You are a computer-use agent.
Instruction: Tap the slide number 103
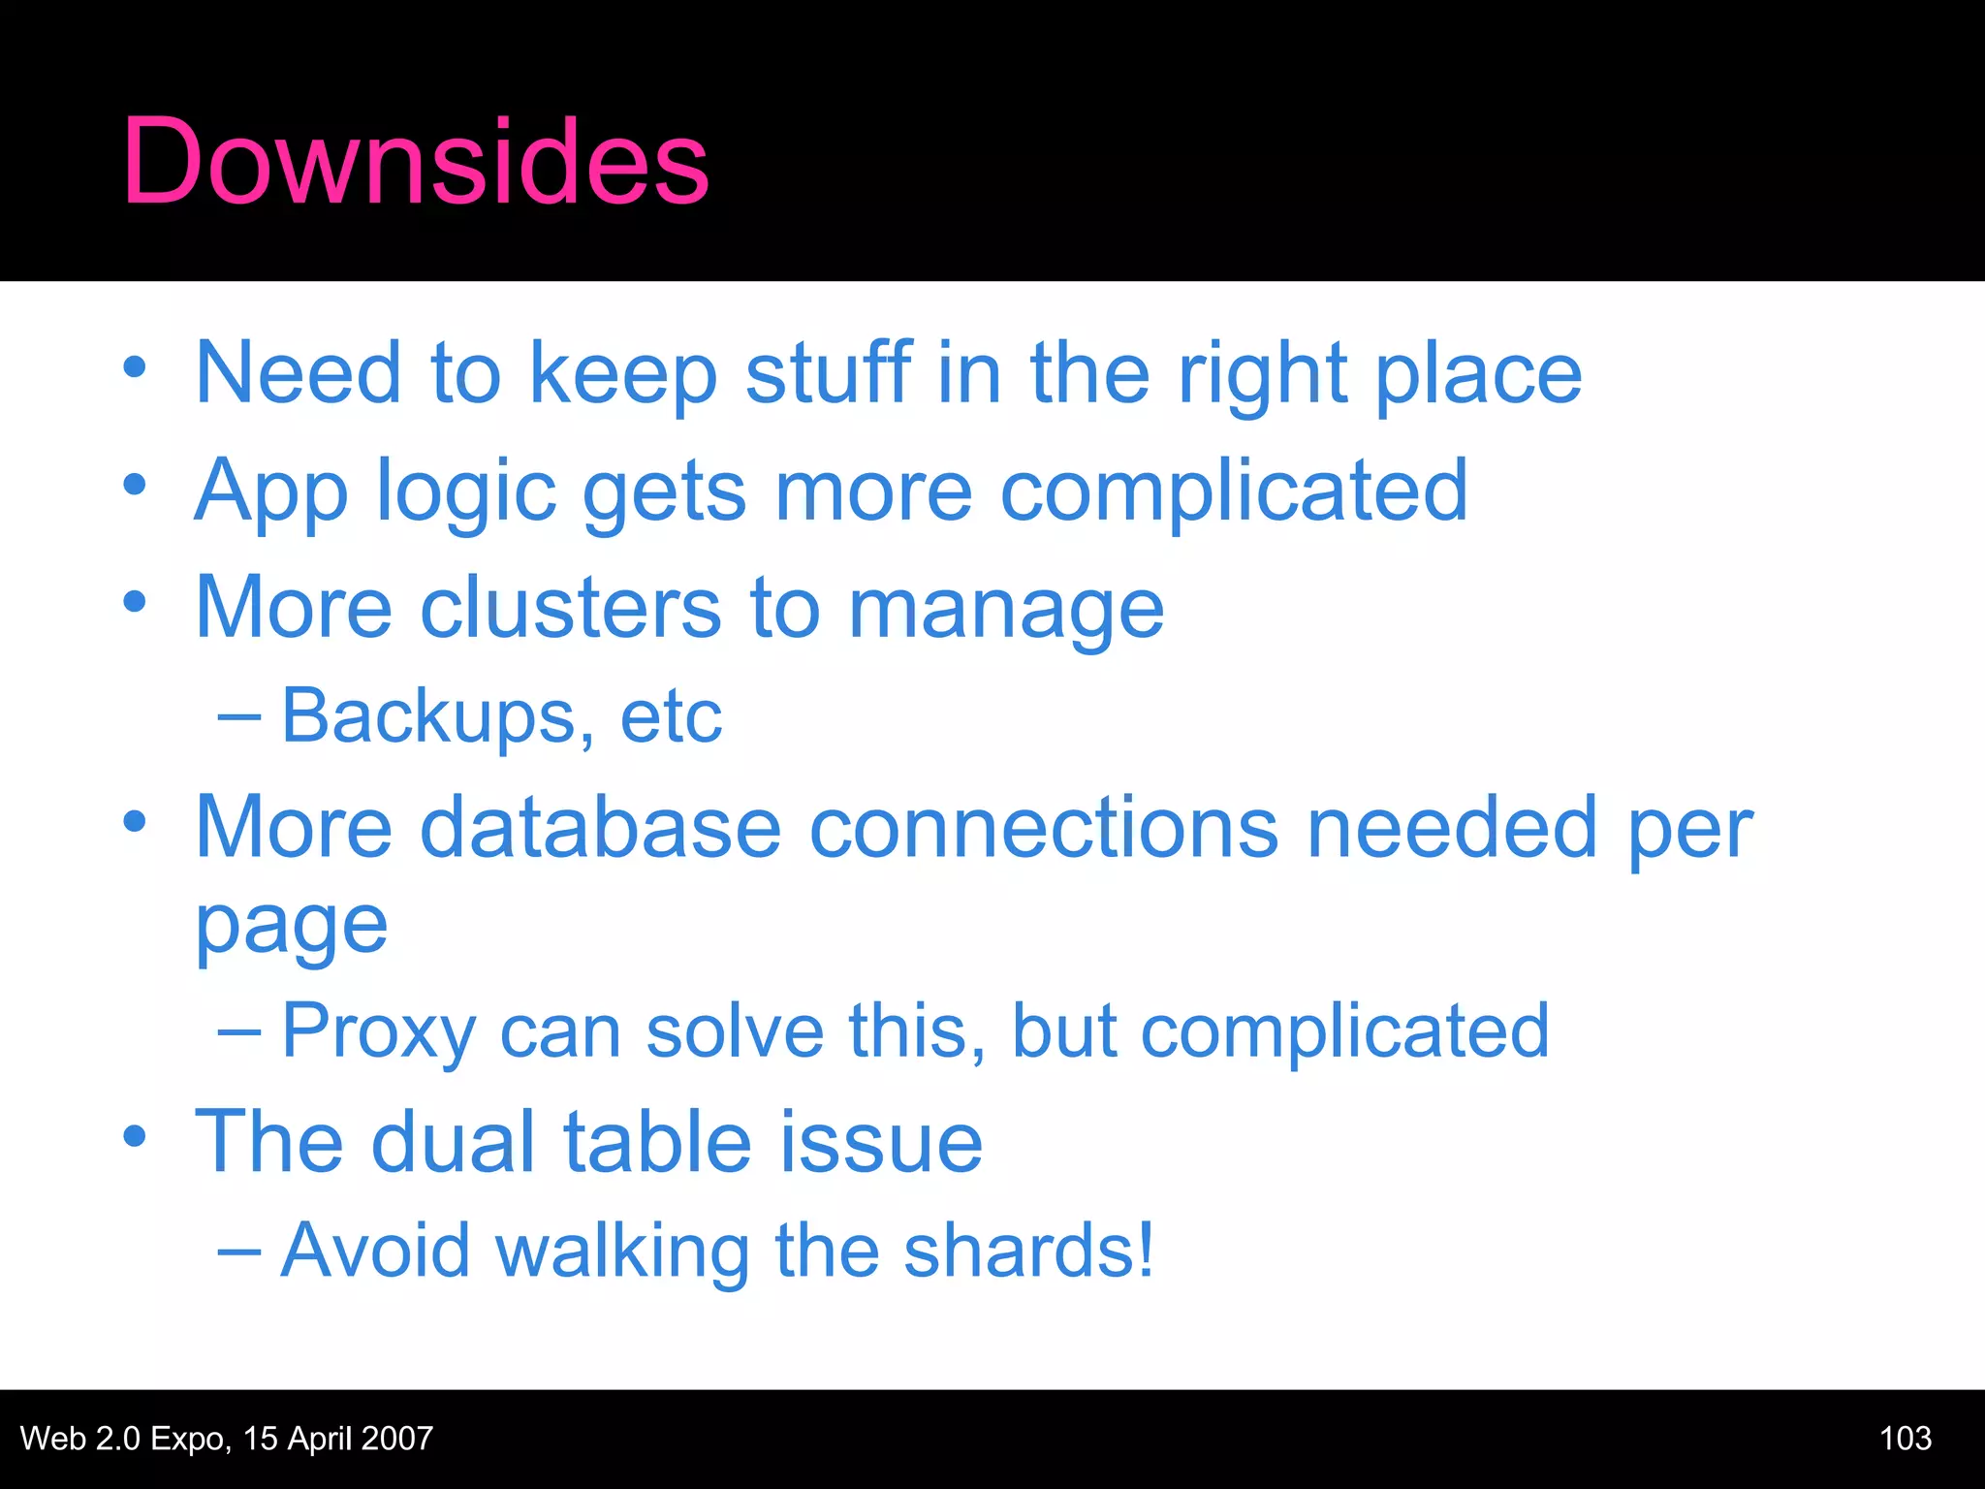[1905, 1438]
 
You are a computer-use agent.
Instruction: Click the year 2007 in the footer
[395, 1438]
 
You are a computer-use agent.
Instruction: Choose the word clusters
[571, 609]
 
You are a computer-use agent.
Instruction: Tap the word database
[600, 828]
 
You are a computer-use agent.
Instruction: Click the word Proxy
[378, 1032]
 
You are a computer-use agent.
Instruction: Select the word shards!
[1028, 1251]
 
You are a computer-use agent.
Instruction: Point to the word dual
[453, 1142]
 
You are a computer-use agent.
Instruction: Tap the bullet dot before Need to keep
[135, 367]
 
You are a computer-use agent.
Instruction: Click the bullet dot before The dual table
[135, 1135]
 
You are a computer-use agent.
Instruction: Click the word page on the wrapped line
[291, 927]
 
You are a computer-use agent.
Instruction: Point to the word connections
[1043, 828]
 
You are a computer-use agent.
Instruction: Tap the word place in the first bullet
[1478, 376]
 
